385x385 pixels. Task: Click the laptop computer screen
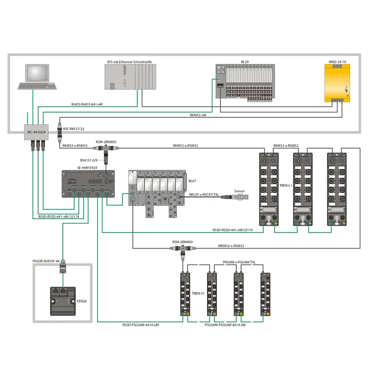click(37, 73)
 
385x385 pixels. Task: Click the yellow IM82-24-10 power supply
click(337, 83)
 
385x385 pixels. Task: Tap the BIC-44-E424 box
click(36, 132)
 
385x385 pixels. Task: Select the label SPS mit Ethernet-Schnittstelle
click(129, 62)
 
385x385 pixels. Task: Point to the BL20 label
click(245, 62)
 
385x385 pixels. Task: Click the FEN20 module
click(63, 301)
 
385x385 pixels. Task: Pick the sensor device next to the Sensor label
click(235, 197)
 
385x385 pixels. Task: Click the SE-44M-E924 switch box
click(88, 184)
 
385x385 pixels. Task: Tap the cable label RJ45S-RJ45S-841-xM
click(87, 104)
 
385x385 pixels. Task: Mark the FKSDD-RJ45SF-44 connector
click(63, 266)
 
